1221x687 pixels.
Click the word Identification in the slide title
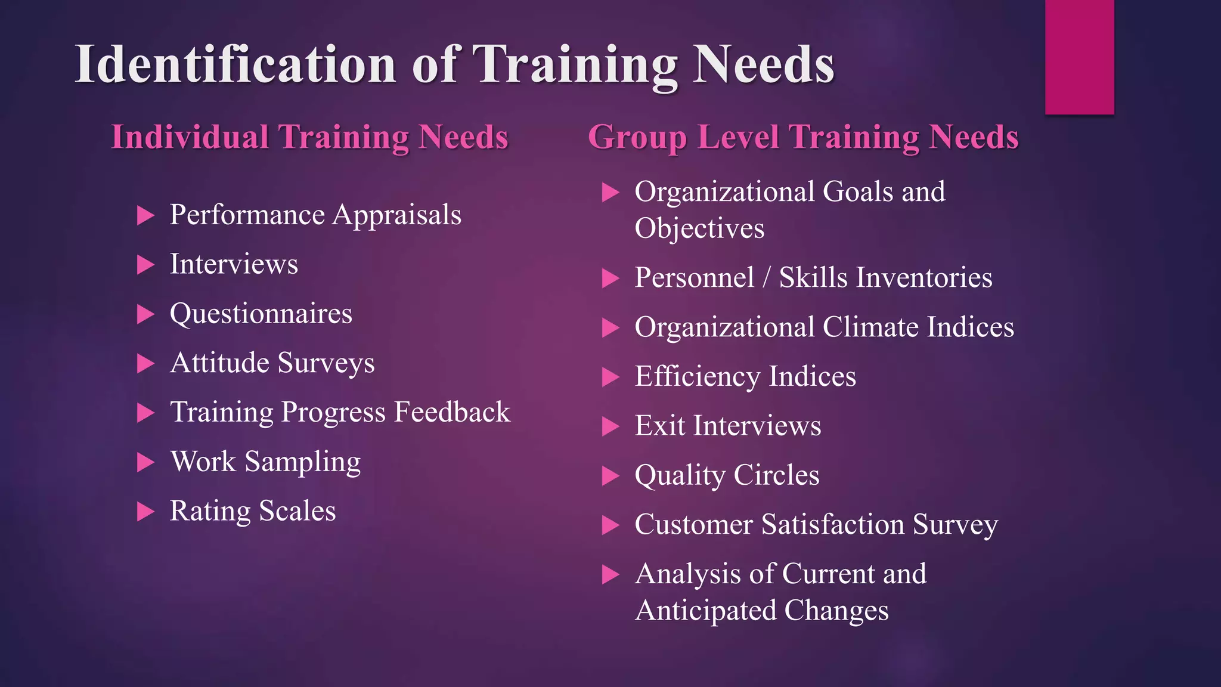(235, 64)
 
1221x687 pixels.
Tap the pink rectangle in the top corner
(1079, 57)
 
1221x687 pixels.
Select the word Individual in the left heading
(190, 137)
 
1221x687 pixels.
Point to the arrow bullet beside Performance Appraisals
(145, 215)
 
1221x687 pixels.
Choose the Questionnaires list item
(261, 314)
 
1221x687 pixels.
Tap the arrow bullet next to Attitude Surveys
(145, 363)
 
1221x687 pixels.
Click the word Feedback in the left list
(452, 412)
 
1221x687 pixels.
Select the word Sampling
(302, 462)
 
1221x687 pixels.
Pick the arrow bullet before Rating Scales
(145, 512)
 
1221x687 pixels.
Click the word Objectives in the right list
(699, 229)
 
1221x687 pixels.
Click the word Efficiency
(696, 377)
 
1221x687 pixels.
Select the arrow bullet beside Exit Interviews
(610, 426)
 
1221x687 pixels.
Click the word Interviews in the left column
(234, 264)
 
